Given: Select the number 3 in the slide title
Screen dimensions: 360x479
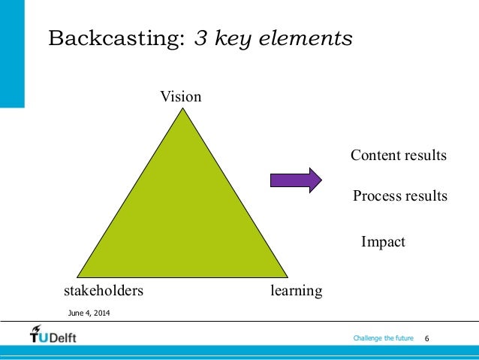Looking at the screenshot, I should (200, 39).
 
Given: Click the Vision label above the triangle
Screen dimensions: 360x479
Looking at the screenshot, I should (180, 97).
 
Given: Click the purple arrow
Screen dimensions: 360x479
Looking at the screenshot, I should (296, 180).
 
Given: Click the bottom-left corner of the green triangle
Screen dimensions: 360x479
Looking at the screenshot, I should (80, 275).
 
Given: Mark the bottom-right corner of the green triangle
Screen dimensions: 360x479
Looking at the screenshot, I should (285, 275).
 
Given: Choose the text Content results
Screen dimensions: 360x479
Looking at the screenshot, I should (399, 156).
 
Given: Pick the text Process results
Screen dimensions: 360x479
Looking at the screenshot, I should (399, 196).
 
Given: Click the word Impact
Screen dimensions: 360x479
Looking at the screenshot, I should (383, 242).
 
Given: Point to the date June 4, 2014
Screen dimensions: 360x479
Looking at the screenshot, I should (88, 312).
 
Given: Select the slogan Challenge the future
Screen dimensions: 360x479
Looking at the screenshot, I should (383, 339).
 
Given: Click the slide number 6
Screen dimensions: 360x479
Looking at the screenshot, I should (428, 340).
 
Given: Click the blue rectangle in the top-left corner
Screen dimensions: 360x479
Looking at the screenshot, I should (12, 53).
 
